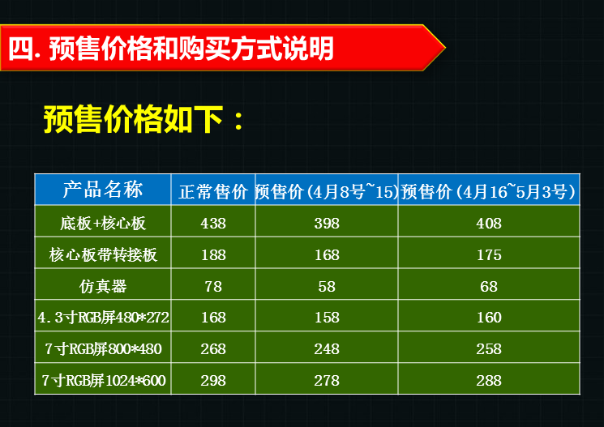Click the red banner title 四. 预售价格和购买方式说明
(x=171, y=49)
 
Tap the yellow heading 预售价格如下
(x=144, y=119)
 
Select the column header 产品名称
(x=103, y=190)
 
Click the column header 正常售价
(x=213, y=192)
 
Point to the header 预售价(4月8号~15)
(x=327, y=191)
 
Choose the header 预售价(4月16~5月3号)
(x=488, y=191)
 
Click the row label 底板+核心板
(x=103, y=224)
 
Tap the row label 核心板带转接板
(x=103, y=254)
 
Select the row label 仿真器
(x=103, y=286)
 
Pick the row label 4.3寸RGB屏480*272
(x=103, y=318)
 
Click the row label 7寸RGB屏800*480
(x=103, y=349)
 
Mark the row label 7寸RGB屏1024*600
(x=103, y=381)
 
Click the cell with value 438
(x=213, y=224)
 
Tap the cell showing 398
(x=327, y=224)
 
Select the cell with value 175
(x=489, y=255)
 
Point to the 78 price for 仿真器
(x=213, y=287)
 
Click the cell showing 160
(x=489, y=318)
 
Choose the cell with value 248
(x=327, y=349)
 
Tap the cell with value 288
(x=489, y=381)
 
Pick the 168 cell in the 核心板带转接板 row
(x=327, y=255)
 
